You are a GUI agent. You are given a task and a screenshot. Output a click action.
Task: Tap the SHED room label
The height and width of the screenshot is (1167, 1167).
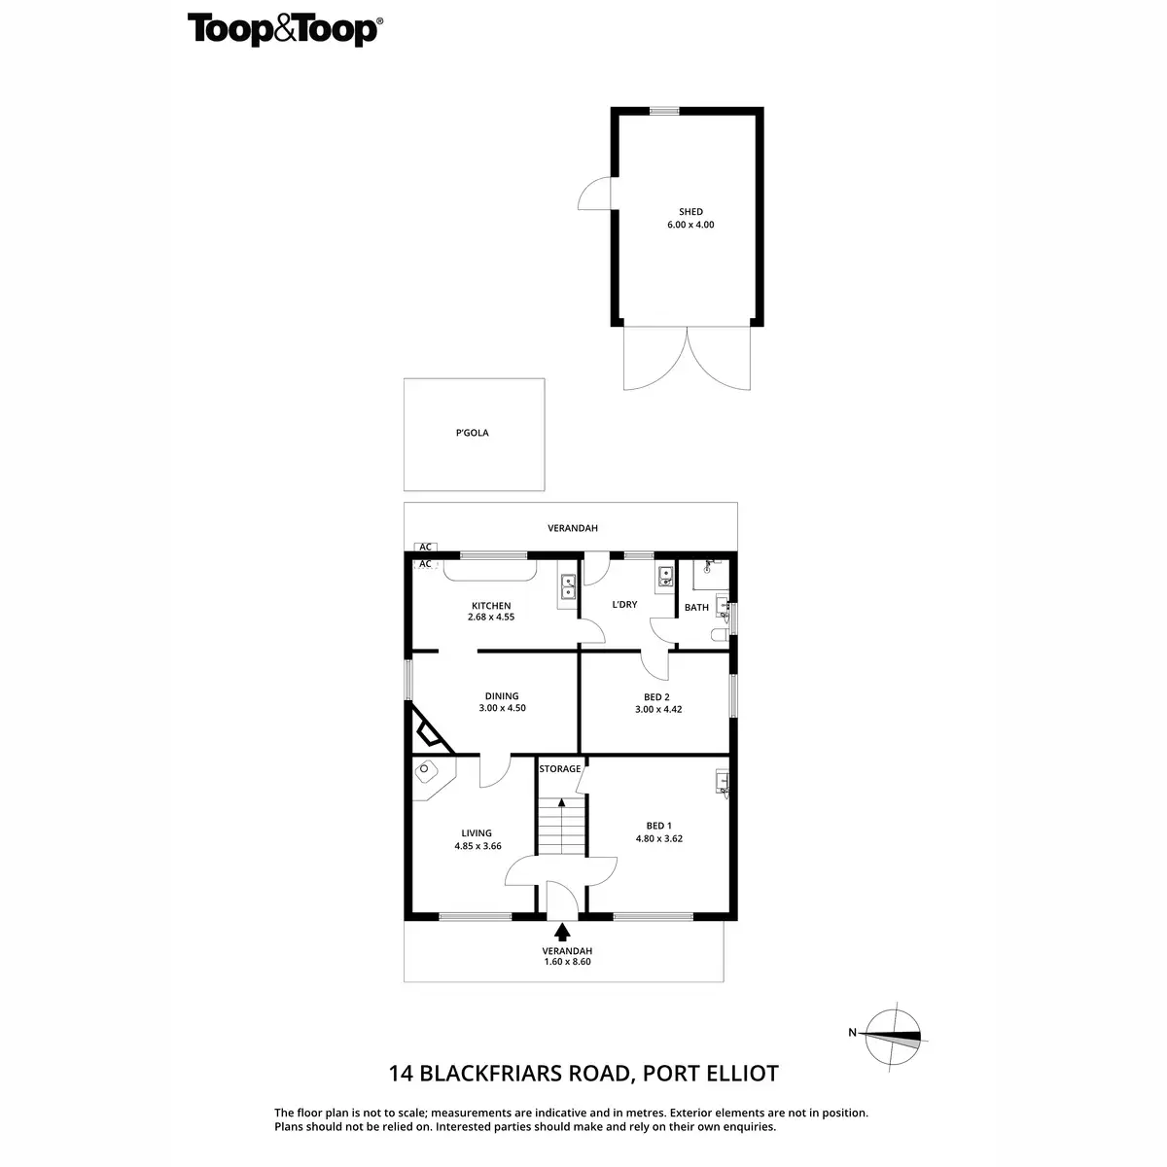click(x=690, y=212)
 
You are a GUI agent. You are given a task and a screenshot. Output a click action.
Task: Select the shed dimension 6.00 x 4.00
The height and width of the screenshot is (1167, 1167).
click(x=690, y=225)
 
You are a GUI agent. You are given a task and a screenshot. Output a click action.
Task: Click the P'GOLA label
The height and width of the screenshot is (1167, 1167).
click(x=472, y=433)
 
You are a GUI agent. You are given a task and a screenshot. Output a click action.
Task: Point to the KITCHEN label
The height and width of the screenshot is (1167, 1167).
click(x=490, y=606)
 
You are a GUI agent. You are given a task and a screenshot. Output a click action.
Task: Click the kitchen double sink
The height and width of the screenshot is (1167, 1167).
click(x=568, y=586)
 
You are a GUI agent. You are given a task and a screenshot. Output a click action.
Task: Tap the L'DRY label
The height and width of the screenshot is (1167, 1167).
click(x=624, y=605)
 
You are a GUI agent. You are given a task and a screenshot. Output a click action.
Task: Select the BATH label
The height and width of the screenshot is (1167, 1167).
click(x=696, y=608)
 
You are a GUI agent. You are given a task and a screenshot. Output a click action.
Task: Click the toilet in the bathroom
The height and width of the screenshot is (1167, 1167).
click(x=719, y=635)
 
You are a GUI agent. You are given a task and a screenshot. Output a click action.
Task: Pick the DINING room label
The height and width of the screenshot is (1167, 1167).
click(x=502, y=696)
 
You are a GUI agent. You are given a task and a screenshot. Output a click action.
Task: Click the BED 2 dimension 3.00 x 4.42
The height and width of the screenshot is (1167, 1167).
click(x=656, y=709)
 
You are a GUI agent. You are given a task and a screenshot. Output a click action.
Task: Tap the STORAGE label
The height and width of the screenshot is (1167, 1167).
click(x=560, y=769)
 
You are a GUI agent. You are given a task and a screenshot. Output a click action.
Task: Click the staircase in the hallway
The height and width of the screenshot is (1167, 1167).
click(x=561, y=826)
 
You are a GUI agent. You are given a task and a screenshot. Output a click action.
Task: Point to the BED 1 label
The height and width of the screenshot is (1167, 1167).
click(x=658, y=826)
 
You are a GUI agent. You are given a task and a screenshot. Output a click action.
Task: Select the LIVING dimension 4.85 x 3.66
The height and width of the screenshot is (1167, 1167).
click(x=477, y=846)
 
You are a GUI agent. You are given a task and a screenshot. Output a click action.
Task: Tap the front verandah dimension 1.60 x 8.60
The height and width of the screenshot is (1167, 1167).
click(x=567, y=962)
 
